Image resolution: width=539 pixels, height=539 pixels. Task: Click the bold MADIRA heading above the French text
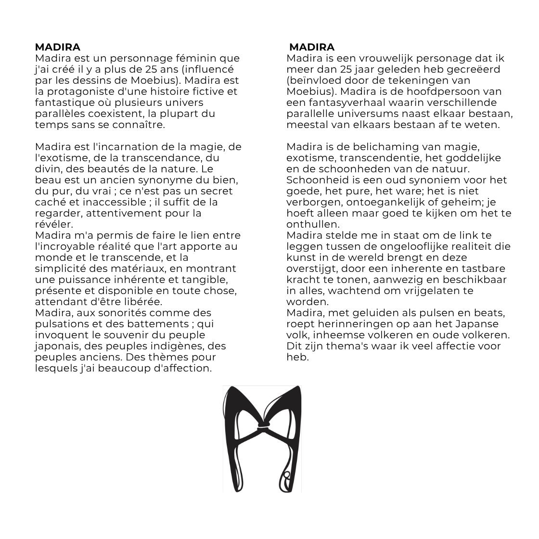(58, 47)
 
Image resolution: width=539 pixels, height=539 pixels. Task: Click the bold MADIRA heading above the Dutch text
(312, 47)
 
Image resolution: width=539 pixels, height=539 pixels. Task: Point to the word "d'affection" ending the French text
(185, 368)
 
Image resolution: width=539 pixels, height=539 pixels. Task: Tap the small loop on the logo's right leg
(287, 475)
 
